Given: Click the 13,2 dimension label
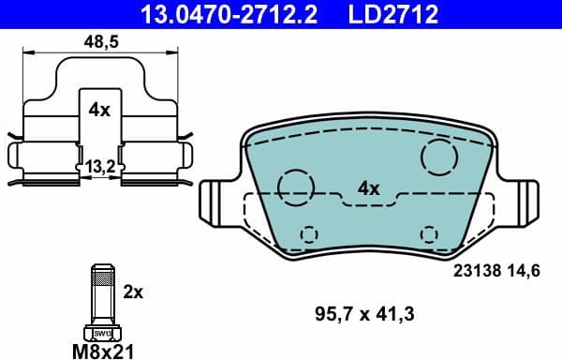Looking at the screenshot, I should pyautogui.click(x=99, y=166).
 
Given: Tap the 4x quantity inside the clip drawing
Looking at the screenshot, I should pyautogui.click(x=99, y=110).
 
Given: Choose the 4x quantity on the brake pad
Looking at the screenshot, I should pyautogui.click(x=368, y=188).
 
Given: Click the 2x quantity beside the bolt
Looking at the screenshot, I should pyautogui.click(x=133, y=292).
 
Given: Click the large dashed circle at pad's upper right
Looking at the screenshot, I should pyautogui.click(x=438, y=156).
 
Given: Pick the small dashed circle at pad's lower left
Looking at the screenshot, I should pyautogui.click(x=307, y=233).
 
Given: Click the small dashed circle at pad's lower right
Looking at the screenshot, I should pyautogui.click(x=429, y=233).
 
